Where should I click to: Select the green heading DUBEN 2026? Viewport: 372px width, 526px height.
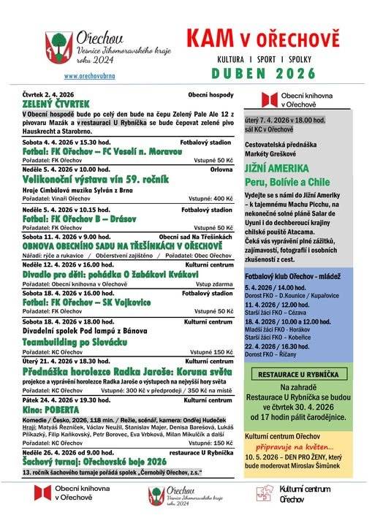264,74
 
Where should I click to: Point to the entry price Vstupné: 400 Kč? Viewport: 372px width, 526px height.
210,199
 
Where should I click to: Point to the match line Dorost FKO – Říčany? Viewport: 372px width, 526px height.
275,354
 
